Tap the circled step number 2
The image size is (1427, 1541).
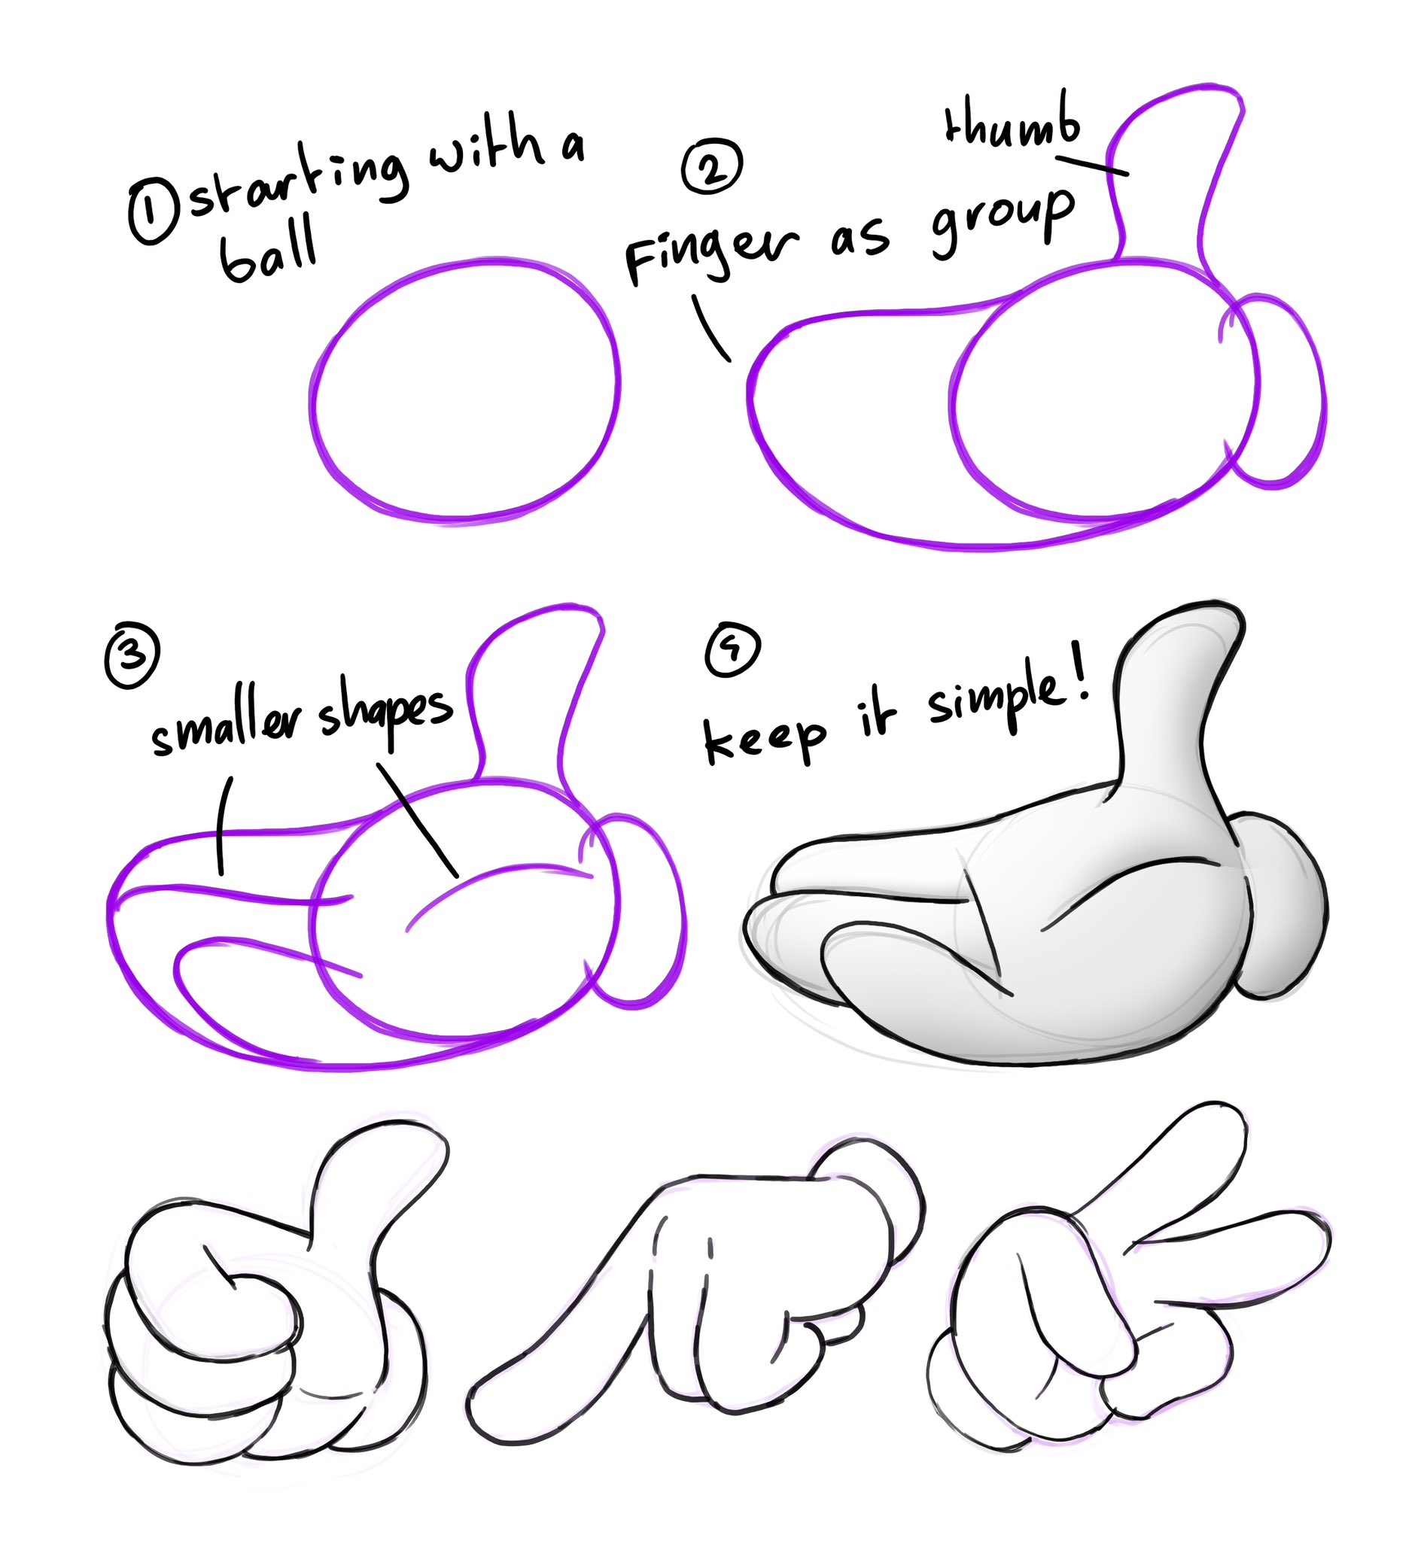click(x=711, y=166)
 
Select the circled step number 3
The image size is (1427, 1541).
click(x=132, y=655)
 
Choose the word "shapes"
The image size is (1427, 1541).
click(x=385, y=710)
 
